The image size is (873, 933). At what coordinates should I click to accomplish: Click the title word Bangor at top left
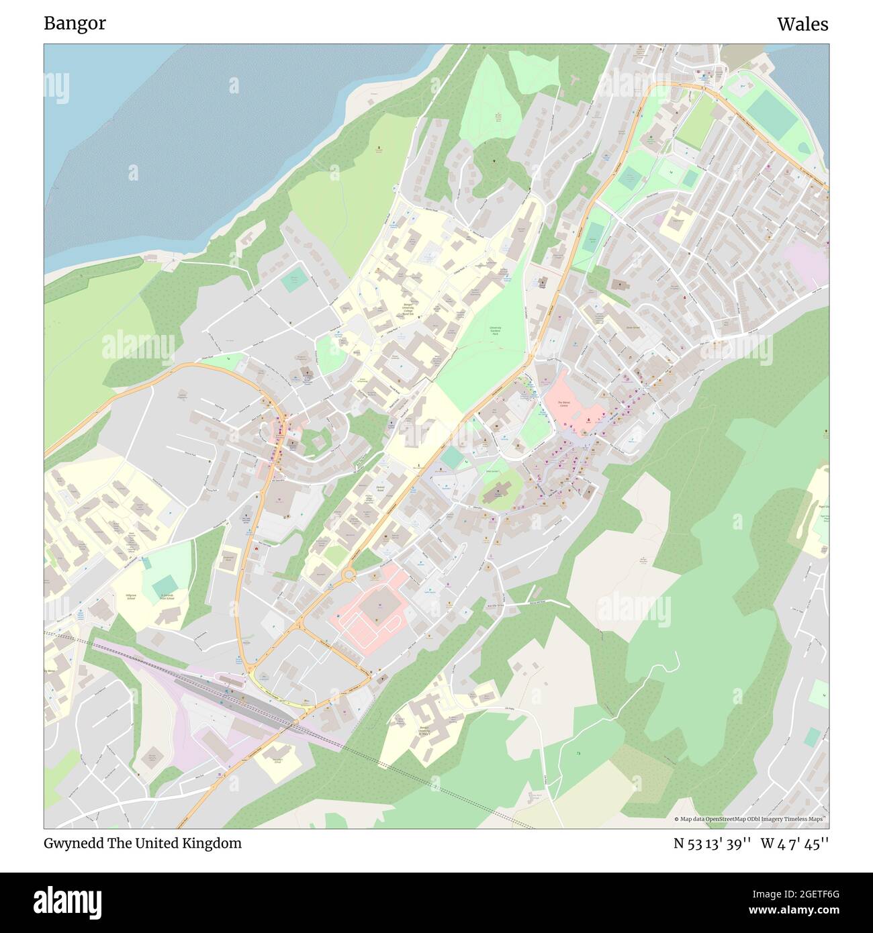75,23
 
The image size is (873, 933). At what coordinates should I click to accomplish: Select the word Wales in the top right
802,24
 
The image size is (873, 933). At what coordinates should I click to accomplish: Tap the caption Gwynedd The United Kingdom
142,843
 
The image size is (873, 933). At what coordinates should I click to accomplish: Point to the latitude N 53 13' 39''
712,844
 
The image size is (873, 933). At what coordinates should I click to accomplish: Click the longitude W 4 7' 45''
794,844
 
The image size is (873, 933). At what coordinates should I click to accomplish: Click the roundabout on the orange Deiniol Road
349,575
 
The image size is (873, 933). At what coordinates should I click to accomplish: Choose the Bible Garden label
493,471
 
